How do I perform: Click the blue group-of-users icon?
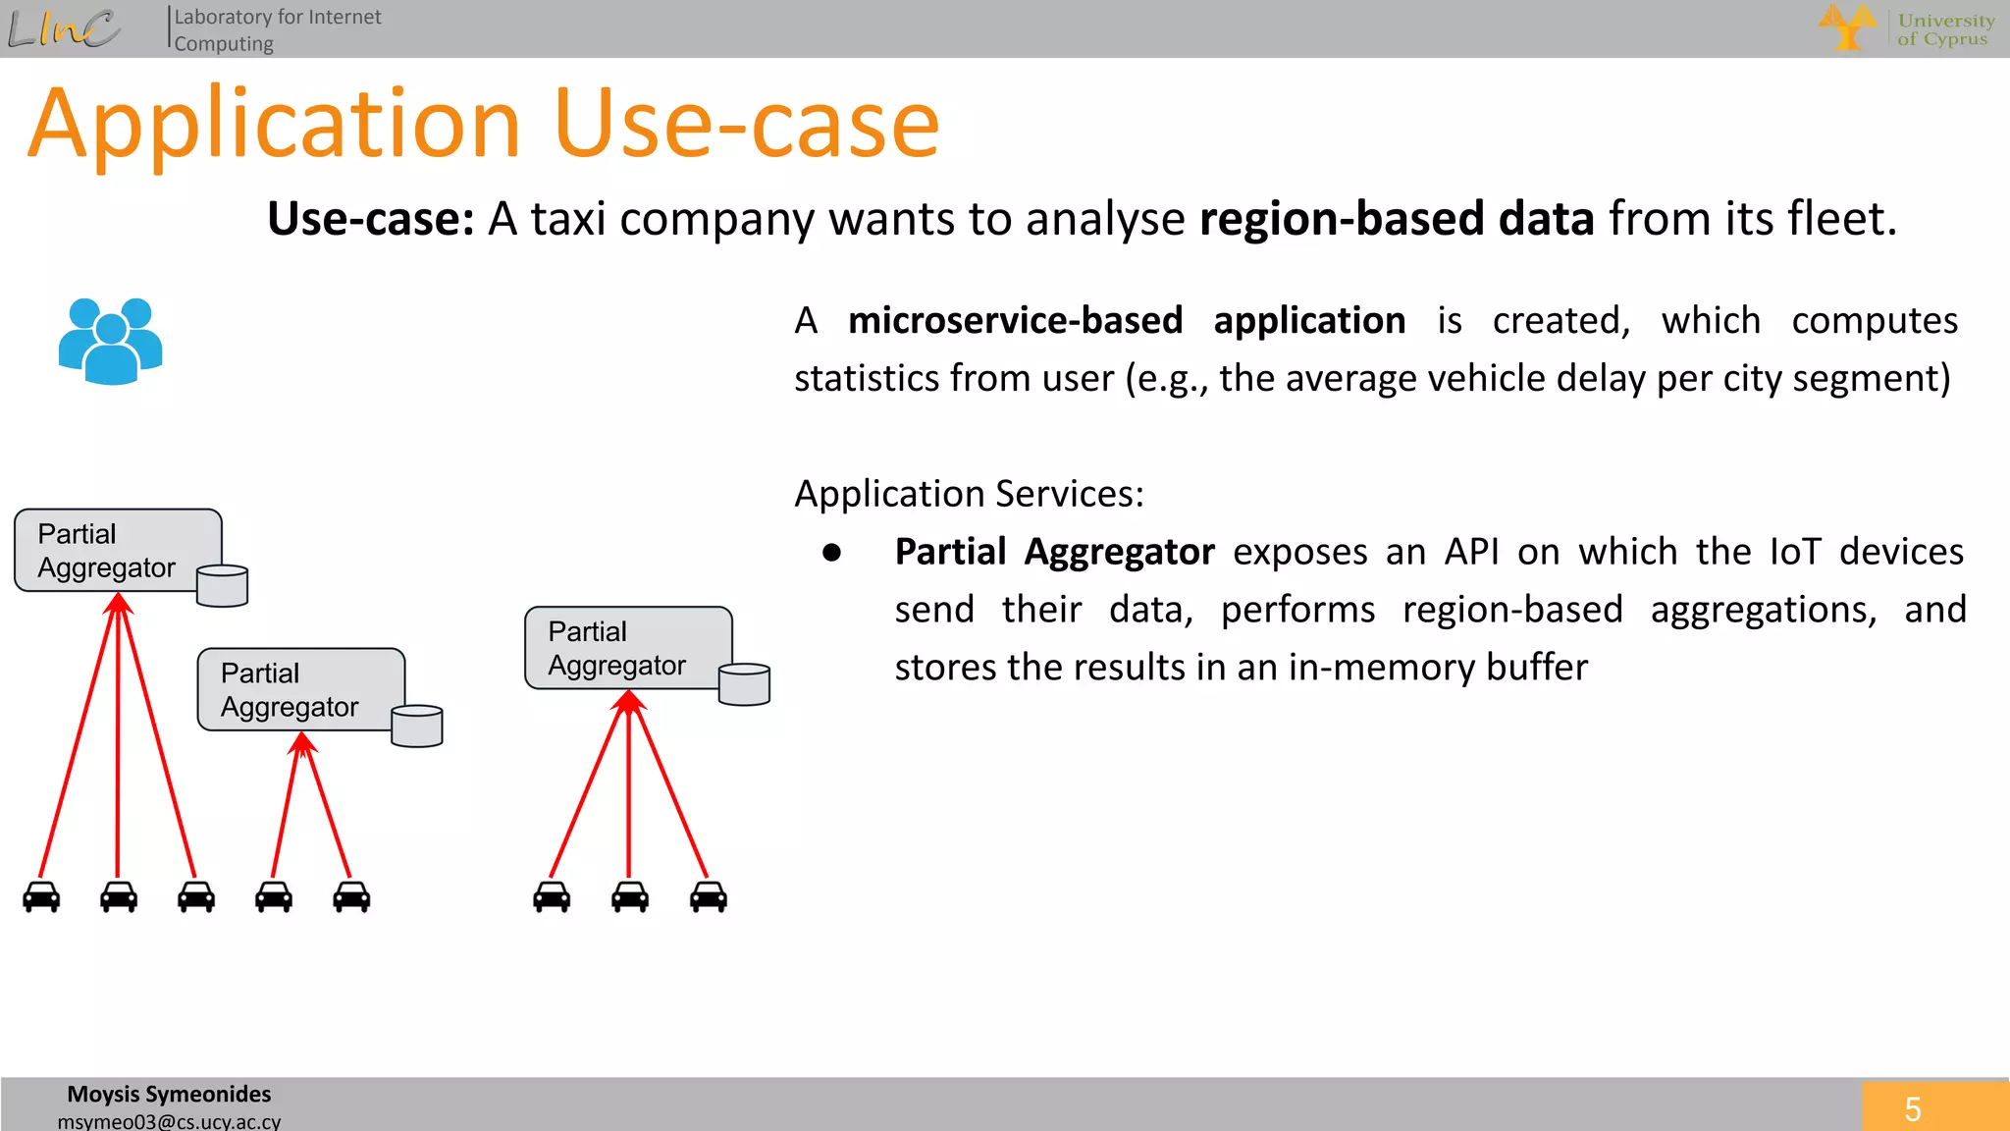[110, 341]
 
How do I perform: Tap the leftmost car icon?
[41, 896]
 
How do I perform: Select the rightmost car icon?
[709, 896]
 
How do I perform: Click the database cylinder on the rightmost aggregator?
[744, 684]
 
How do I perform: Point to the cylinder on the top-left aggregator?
[222, 586]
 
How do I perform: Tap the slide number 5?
[1912, 1109]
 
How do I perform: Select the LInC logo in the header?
[64, 28]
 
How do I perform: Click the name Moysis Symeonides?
[169, 1094]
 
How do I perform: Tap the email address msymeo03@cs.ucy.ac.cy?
[169, 1121]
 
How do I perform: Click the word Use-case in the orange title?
[746, 125]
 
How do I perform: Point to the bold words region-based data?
[1396, 218]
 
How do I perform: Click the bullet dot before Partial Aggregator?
[832, 553]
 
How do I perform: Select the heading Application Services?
[969, 493]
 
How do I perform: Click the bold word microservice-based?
[1015, 321]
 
